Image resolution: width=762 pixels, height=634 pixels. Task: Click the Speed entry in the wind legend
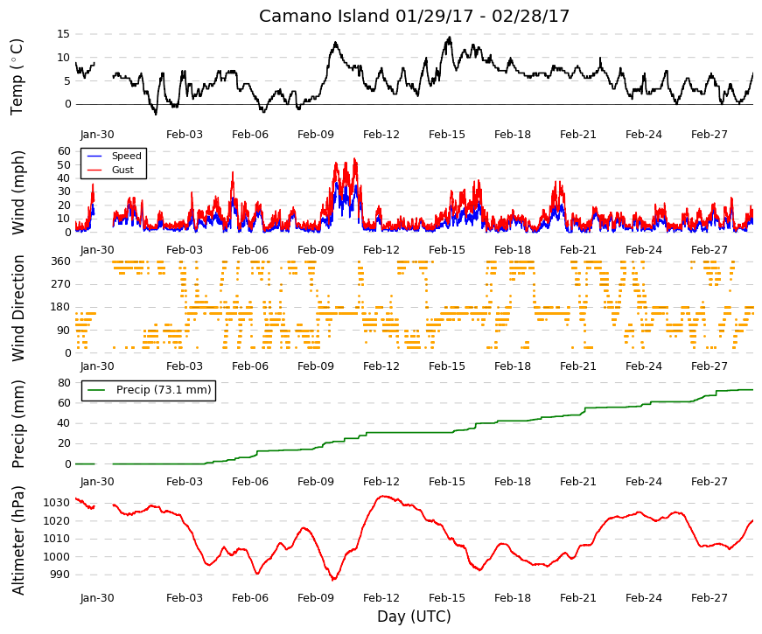pyautogui.click(x=126, y=156)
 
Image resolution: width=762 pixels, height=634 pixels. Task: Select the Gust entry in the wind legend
pyautogui.click(x=122, y=170)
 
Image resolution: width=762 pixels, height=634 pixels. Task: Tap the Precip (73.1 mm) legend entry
pyautogui.click(x=164, y=390)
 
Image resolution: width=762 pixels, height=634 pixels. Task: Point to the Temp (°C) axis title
pyautogui.click(x=17, y=77)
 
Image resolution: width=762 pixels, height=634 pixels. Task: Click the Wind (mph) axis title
pyautogui.click(x=17, y=193)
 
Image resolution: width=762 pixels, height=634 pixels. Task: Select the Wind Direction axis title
pyautogui.click(x=18, y=308)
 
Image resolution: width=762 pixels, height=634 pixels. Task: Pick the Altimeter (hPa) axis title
pyautogui.click(x=18, y=540)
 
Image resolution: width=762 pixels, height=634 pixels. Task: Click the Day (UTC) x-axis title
pyautogui.click(x=414, y=617)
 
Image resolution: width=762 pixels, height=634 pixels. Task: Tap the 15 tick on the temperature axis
pyautogui.click(x=64, y=34)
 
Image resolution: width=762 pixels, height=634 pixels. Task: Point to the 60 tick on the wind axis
pyautogui.click(x=64, y=151)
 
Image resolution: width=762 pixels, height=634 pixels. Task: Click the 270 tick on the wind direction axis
pyautogui.click(x=60, y=284)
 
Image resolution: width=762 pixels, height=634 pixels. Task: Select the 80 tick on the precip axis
pyautogui.click(x=64, y=383)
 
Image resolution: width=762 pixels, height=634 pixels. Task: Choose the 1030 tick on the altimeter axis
pyautogui.click(x=57, y=503)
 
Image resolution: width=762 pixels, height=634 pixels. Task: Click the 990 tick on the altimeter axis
pyautogui.click(x=60, y=575)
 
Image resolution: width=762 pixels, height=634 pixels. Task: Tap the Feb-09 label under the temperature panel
pyautogui.click(x=316, y=135)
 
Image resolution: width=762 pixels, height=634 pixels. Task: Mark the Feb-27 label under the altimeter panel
pyautogui.click(x=710, y=598)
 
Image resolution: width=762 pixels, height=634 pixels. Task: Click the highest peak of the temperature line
pyautogui.click(x=450, y=37)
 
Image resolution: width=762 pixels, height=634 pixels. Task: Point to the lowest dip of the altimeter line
pyautogui.click(x=333, y=580)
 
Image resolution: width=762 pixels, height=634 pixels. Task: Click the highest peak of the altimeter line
pyautogui.click(x=383, y=496)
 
